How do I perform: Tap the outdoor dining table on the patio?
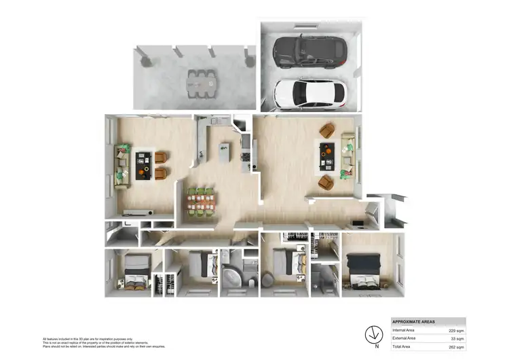[201, 80]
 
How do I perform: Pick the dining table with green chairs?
[202, 202]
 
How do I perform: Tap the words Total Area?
[402, 346]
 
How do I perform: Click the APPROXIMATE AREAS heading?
[415, 321]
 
